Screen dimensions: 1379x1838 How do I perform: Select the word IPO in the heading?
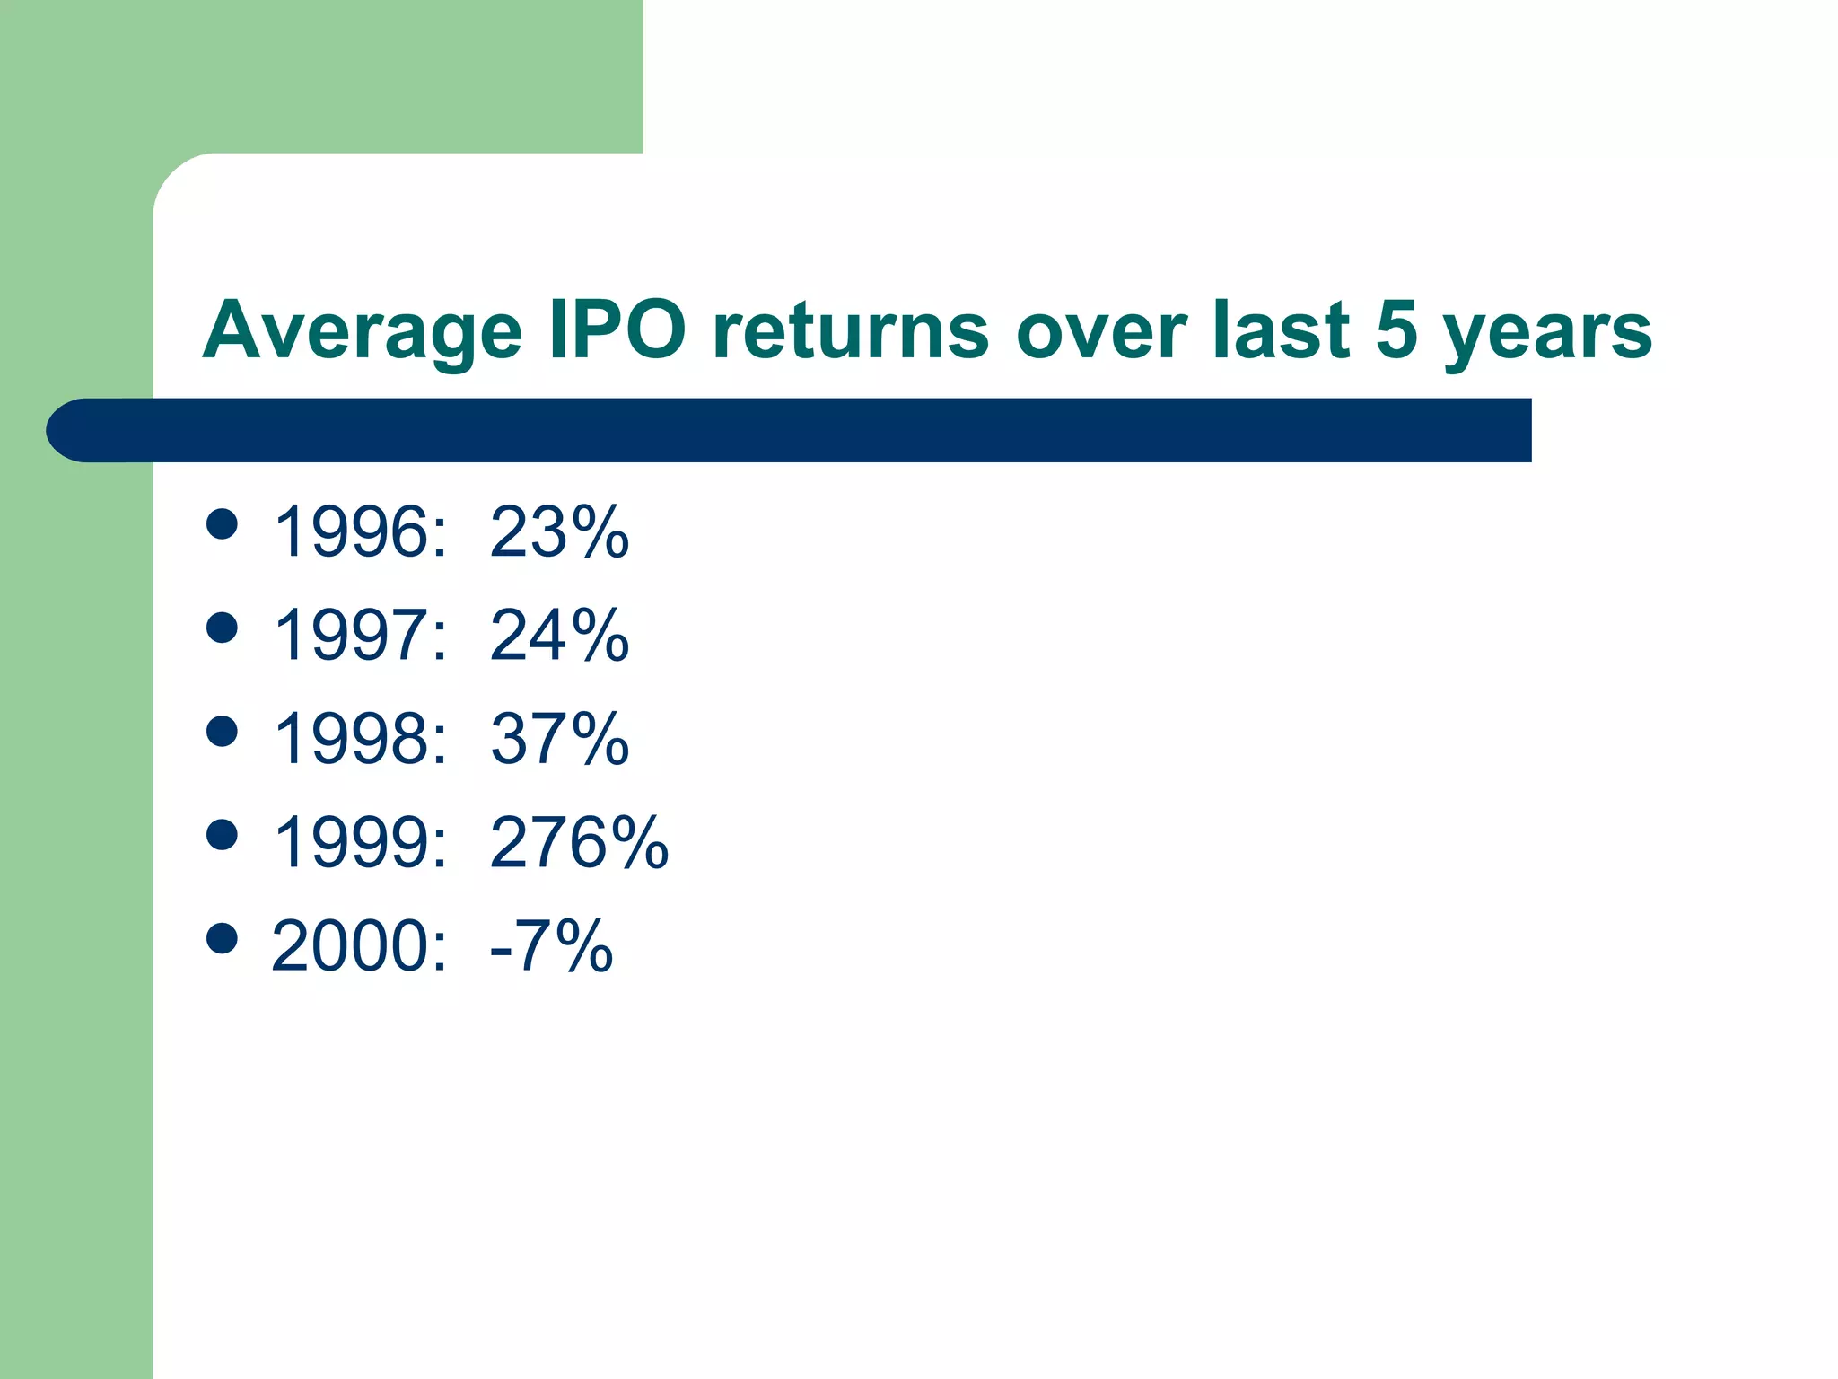click(x=617, y=330)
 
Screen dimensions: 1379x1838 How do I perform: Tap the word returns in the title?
click(x=851, y=330)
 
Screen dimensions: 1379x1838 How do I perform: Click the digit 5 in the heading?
click(x=1396, y=329)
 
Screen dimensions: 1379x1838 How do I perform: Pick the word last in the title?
click(x=1281, y=329)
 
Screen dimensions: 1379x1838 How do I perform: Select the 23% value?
click(x=559, y=532)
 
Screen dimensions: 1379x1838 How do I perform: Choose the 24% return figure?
click(x=559, y=636)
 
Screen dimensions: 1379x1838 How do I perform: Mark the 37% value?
click(x=559, y=739)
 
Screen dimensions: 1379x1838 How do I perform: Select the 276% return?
click(x=579, y=843)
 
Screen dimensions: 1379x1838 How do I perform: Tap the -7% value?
click(x=551, y=946)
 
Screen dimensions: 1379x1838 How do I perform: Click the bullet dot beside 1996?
click(x=222, y=523)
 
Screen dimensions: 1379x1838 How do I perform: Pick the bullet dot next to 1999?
click(x=222, y=834)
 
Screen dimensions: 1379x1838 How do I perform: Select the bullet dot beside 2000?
click(x=222, y=938)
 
